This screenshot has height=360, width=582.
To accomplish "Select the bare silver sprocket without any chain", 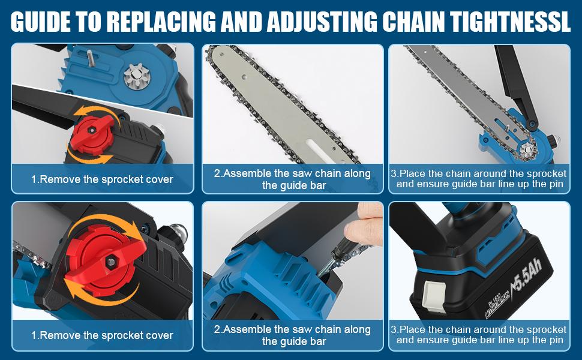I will (136, 77).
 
